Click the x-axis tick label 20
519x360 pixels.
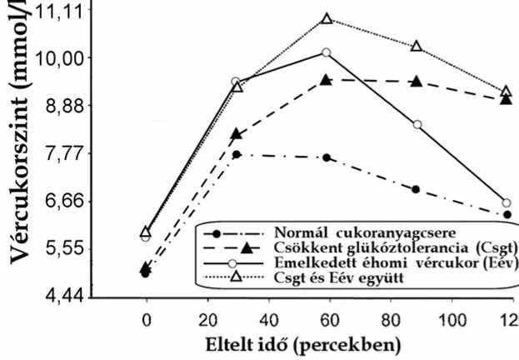tap(207, 318)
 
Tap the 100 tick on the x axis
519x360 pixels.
tap(447, 318)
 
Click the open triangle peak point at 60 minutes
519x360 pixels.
tap(327, 18)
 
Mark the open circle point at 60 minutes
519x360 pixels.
tap(326, 52)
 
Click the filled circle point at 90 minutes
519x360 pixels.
tap(416, 189)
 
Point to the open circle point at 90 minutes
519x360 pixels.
tap(417, 124)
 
